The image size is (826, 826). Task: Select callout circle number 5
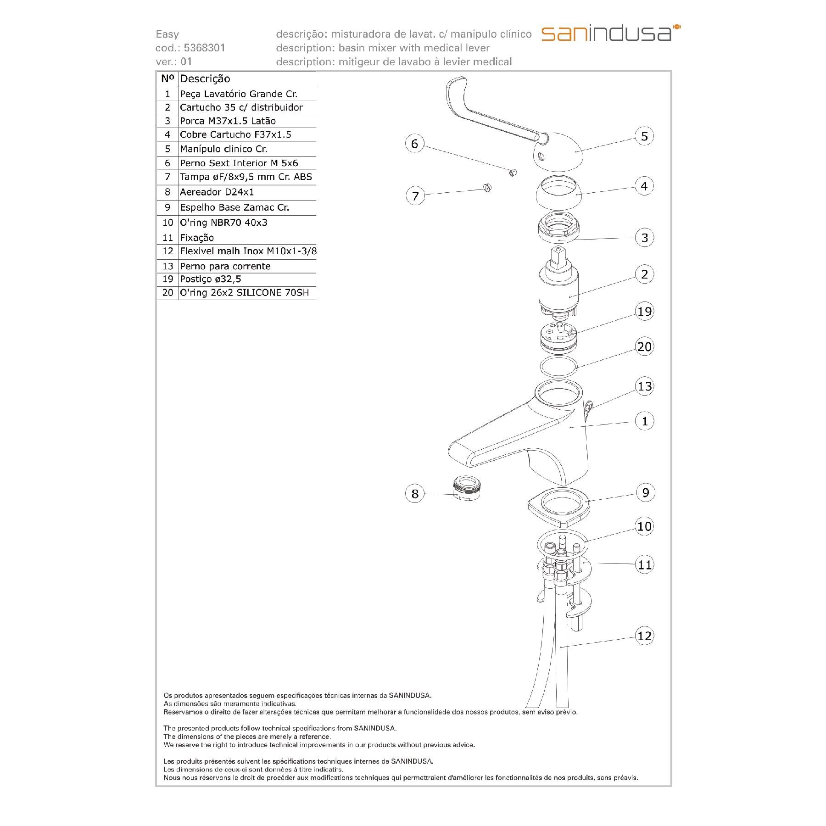click(644, 136)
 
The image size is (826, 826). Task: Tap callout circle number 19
click(644, 312)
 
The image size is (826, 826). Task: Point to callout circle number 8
click(415, 494)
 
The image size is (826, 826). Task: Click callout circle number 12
click(644, 636)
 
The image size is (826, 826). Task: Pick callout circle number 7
click(415, 196)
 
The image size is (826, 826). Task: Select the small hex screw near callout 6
click(513, 173)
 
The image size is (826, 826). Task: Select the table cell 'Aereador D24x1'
click(217, 192)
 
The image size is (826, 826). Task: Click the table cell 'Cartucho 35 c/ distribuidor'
click(241, 107)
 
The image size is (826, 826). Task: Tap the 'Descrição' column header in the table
click(205, 79)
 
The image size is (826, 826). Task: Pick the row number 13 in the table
click(167, 266)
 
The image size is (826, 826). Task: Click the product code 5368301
click(204, 48)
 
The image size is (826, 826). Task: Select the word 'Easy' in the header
click(167, 34)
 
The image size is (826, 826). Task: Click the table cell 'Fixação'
click(197, 238)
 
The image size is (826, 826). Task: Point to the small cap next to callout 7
click(487, 187)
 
